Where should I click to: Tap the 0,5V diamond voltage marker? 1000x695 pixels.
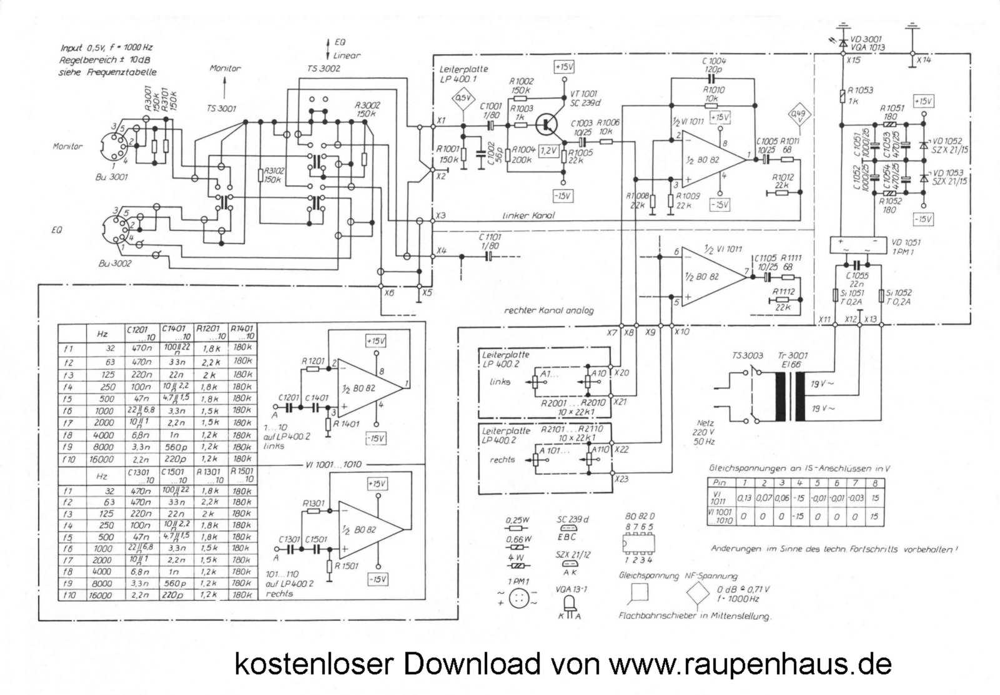click(462, 99)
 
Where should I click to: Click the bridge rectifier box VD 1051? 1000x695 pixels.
click(857, 245)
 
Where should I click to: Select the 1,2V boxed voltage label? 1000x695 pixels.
click(548, 151)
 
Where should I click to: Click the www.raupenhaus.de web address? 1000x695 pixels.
click(750, 663)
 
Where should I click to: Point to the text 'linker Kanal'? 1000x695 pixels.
click(528, 215)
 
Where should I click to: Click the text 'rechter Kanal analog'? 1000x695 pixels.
click(548, 310)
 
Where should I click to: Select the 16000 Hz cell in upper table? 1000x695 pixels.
click(101, 459)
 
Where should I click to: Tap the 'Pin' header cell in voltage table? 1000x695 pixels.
click(720, 483)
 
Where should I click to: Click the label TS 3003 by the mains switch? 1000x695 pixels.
click(747, 356)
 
